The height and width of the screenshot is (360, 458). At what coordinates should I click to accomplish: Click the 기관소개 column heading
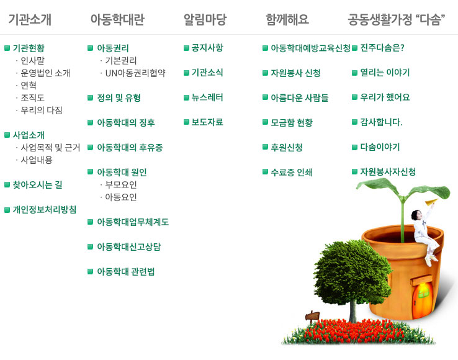[30, 19]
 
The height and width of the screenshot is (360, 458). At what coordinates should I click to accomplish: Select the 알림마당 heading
[205, 19]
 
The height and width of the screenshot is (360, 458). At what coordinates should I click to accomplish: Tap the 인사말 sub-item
[32, 60]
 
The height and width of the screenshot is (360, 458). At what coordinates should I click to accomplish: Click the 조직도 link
[32, 97]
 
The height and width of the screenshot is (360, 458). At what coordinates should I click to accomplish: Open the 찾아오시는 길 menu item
[37, 185]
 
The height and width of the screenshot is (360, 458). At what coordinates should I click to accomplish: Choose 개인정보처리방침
[45, 210]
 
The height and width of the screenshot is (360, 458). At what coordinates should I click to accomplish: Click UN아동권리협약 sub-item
[135, 73]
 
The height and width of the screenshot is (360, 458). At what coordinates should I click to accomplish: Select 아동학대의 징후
[126, 122]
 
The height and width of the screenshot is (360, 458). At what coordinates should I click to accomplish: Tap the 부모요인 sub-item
[121, 185]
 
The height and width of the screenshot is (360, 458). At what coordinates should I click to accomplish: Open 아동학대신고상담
[129, 246]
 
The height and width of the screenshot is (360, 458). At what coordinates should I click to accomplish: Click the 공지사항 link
[207, 48]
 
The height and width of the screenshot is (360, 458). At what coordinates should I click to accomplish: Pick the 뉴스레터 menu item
[207, 97]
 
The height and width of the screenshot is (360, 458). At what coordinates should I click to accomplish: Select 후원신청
[287, 147]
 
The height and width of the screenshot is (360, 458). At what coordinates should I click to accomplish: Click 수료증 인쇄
[292, 172]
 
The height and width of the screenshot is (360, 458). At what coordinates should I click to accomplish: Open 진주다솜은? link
[382, 48]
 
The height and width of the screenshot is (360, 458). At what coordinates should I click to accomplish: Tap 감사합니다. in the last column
[381, 122]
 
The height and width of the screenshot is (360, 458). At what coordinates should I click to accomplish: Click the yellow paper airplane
[431, 202]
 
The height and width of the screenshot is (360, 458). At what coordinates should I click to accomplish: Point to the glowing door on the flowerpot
[422, 298]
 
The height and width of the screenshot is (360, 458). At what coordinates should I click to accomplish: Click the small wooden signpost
[312, 316]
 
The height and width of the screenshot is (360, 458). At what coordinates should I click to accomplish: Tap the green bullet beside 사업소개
[7, 135]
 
